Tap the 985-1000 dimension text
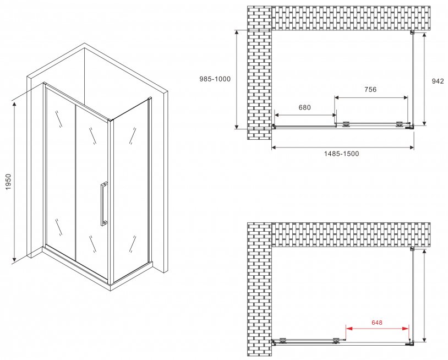[x=215, y=79]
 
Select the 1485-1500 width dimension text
[x=341, y=154]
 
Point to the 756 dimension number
[x=370, y=89]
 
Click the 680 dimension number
[x=304, y=107]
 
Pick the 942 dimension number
[x=438, y=81]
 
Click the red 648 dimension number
[x=377, y=323]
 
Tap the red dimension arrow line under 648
[x=378, y=329]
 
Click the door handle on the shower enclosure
[x=103, y=204]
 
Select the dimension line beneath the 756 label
[x=371, y=98]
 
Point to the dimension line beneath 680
[x=305, y=115]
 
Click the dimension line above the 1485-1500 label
[x=342, y=148]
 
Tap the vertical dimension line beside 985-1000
[x=237, y=79]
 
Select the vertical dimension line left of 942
[x=424, y=79]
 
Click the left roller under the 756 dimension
[x=347, y=124]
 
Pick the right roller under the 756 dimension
[x=400, y=124]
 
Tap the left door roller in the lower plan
[x=283, y=340]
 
